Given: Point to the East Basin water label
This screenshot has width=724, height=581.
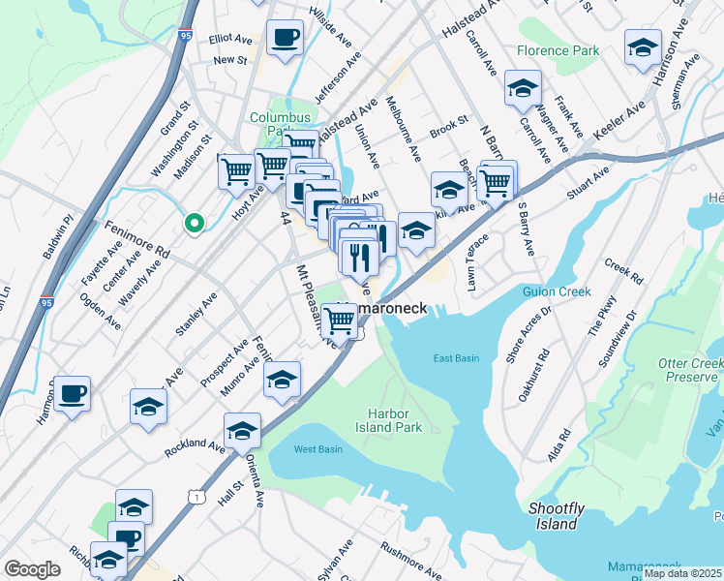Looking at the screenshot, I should [456, 358].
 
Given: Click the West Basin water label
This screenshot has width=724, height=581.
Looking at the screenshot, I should [317, 449].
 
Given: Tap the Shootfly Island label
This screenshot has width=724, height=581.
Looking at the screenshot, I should [553, 516].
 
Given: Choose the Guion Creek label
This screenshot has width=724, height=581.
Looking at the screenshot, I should [556, 291].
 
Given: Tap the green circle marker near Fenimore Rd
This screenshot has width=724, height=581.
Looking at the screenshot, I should [195, 224].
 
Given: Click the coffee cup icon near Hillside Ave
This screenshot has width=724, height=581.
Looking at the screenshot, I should [285, 39].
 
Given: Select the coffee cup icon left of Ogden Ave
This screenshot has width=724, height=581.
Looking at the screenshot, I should [72, 394].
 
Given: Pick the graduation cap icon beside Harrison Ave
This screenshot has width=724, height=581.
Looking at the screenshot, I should [643, 47].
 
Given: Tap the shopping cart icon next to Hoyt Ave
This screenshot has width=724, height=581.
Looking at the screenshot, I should [236, 171].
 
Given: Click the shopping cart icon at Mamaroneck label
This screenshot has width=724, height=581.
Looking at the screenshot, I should [340, 319].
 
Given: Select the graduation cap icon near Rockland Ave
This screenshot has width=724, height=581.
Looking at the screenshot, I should [242, 430].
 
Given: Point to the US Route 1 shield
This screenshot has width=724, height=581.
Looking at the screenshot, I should [198, 497].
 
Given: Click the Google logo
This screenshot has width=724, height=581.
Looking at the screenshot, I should [32, 569].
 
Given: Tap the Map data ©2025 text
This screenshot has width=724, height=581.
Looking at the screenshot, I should [682, 573].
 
